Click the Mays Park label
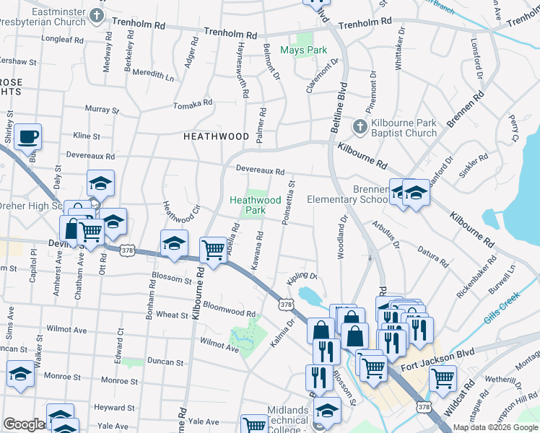[303, 51]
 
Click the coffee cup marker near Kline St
[27, 136]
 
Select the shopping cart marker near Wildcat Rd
[442, 376]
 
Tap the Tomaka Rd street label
[193, 105]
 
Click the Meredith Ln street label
[153, 75]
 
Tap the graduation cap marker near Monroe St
[21, 374]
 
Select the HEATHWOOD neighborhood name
[216, 136]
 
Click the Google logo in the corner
[23, 424]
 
